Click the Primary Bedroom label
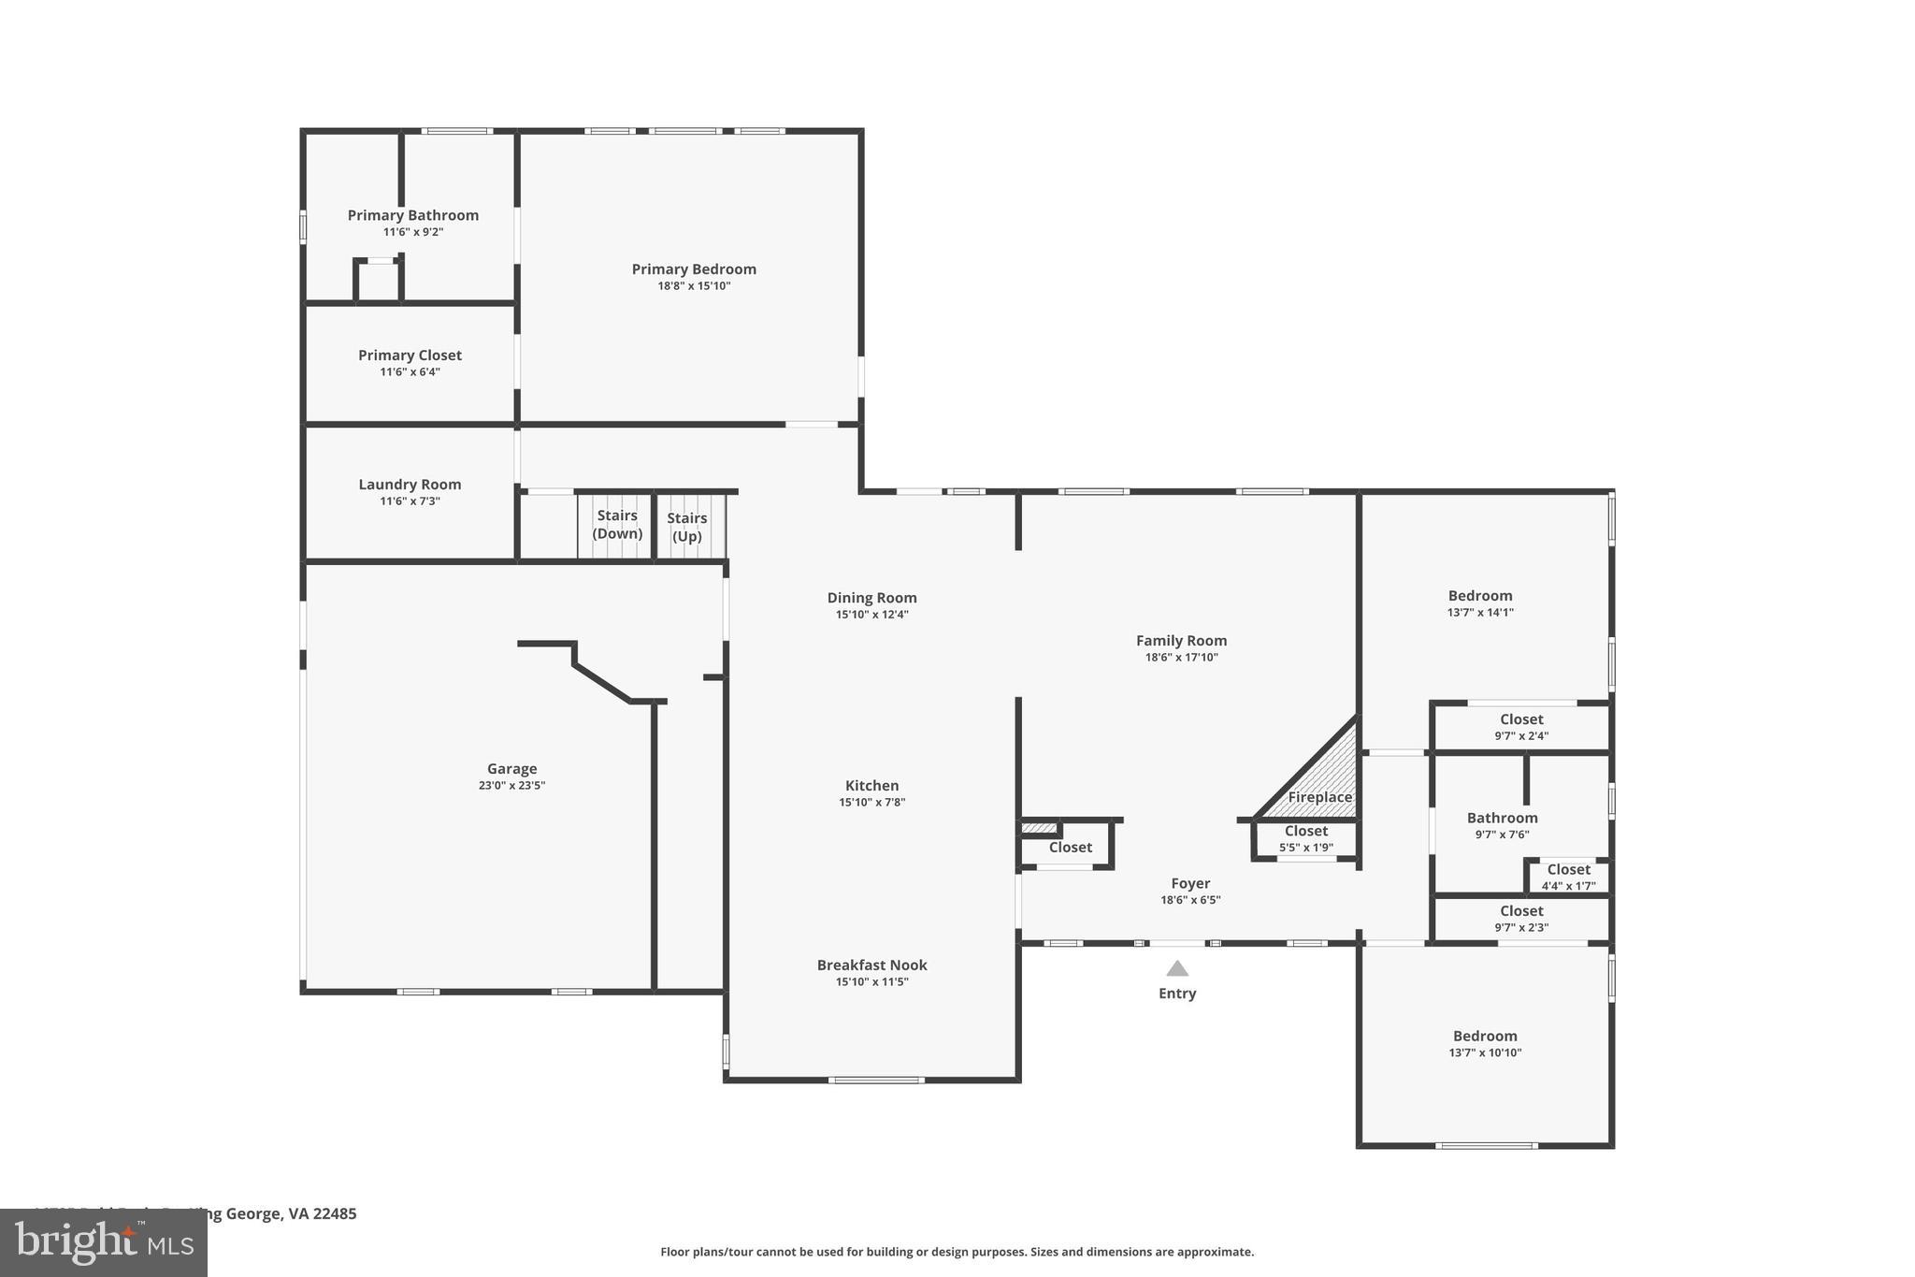(694, 269)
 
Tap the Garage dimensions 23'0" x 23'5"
(511, 786)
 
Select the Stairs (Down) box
(615, 526)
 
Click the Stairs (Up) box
(688, 528)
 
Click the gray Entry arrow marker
(1177, 969)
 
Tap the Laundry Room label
(410, 485)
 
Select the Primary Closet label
(410, 356)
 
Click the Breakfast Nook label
(871, 965)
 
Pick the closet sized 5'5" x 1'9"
(1305, 838)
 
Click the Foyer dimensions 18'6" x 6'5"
(1190, 900)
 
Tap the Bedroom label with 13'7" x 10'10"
(1485, 1037)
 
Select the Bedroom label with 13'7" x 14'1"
(1480, 596)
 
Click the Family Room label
(1181, 641)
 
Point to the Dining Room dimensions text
(871, 615)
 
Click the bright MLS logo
(104, 1243)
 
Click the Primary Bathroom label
(412, 215)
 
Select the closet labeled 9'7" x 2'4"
(1521, 727)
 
